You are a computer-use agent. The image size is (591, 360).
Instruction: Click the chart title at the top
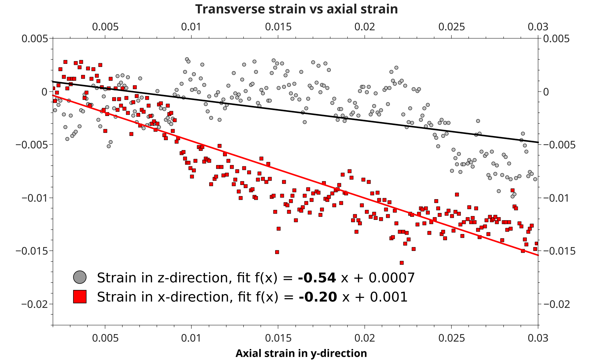tap(296, 9)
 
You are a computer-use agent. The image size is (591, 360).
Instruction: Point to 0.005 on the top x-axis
tap(105, 27)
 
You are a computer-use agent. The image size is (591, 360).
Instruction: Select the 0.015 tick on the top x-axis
tap(278, 27)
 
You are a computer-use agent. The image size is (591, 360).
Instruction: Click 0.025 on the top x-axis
tap(452, 27)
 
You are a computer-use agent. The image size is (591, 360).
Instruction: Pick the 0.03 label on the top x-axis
tap(538, 27)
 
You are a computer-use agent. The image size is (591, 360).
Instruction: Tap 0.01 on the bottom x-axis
tap(191, 338)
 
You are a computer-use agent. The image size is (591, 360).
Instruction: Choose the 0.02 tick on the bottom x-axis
tap(365, 338)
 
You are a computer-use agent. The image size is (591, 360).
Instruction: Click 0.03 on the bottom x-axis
tap(538, 338)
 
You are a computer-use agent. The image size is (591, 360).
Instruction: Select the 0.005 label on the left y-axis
tap(35, 39)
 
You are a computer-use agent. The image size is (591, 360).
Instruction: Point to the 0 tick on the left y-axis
tap(44, 92)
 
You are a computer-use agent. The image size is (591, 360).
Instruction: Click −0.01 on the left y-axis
tap(35, 198)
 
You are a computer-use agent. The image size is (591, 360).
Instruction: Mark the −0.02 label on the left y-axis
tap(35, 304)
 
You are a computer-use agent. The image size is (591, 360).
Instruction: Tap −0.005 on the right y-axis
tap(559, 145)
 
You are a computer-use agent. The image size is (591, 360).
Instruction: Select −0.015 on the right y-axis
tap(559, 251)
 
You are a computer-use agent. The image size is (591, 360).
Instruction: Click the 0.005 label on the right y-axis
tap(556, 39)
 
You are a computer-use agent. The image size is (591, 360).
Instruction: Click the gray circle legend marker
tap(80, 277)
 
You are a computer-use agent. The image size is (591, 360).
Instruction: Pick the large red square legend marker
tap(80, 296)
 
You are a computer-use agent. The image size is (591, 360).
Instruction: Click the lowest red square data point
tap(401, 263)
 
